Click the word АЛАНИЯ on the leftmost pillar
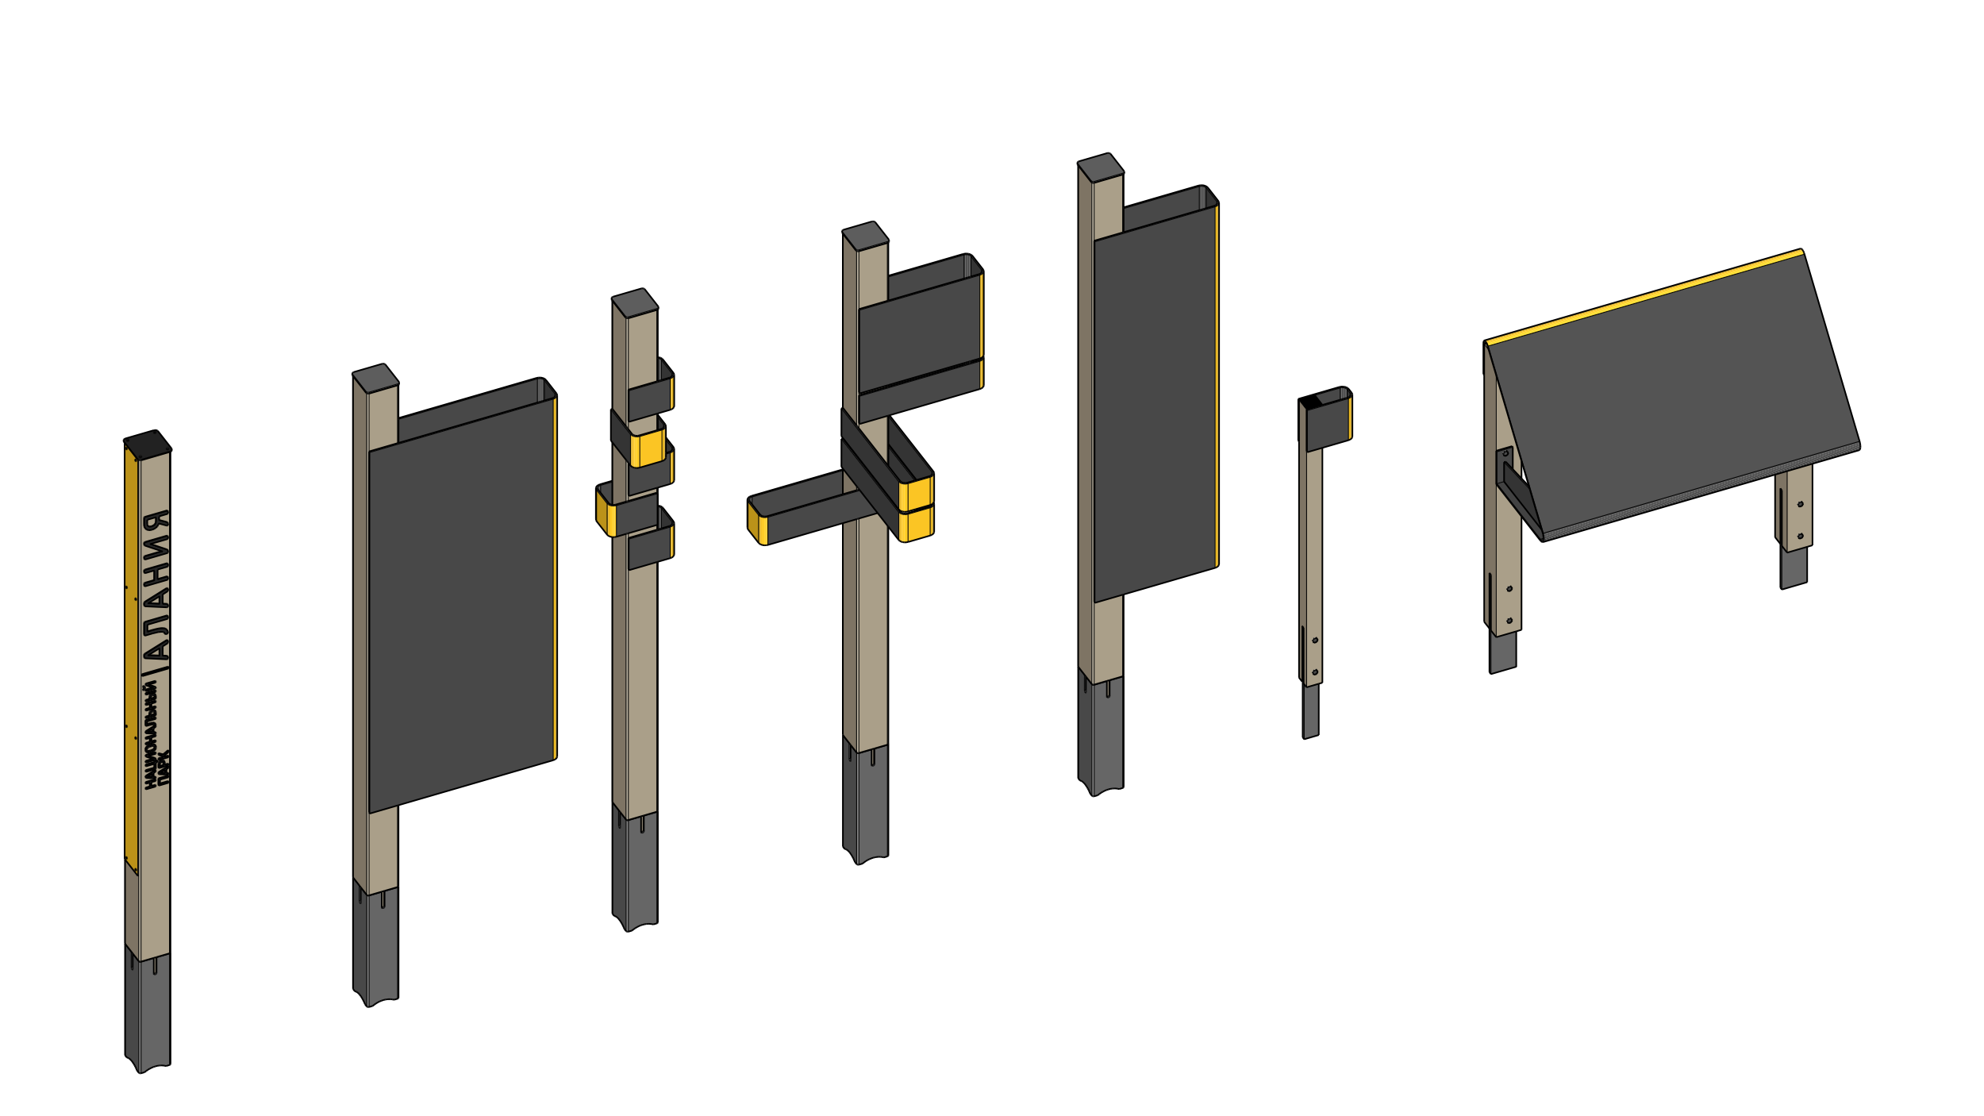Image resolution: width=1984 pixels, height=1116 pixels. click(156, 586)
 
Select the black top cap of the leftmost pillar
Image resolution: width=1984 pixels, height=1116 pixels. click(148, 445)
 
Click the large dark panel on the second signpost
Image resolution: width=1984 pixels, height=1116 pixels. click(462, 607)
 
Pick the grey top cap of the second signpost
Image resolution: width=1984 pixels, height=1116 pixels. click(375, 378)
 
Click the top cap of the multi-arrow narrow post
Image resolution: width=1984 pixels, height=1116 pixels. click(635, 303)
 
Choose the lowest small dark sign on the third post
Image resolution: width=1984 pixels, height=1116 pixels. click(652, 547)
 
